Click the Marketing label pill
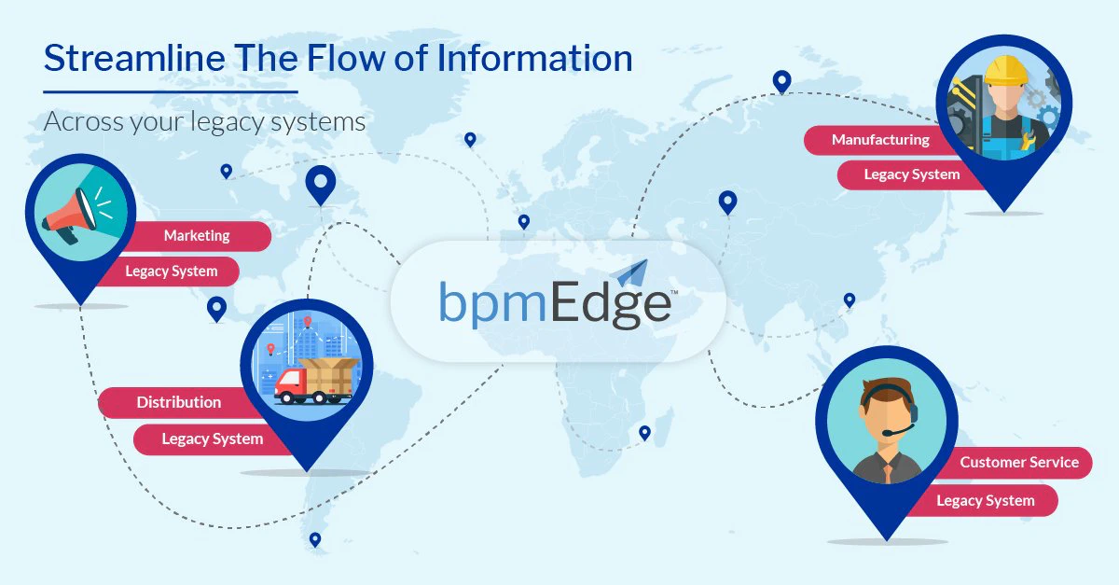coord(200,236)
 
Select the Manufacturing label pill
coord(877,140)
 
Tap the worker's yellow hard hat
coord(1006,70)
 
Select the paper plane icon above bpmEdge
coord(632,273)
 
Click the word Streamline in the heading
coord(135,58)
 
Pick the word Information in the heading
coord(534,58)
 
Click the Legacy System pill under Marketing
coord(170,272)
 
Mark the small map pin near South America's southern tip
coord(315,540)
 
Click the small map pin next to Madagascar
coord(645,433)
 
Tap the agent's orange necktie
coord(888,473)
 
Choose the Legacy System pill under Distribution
coord(213,439)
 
